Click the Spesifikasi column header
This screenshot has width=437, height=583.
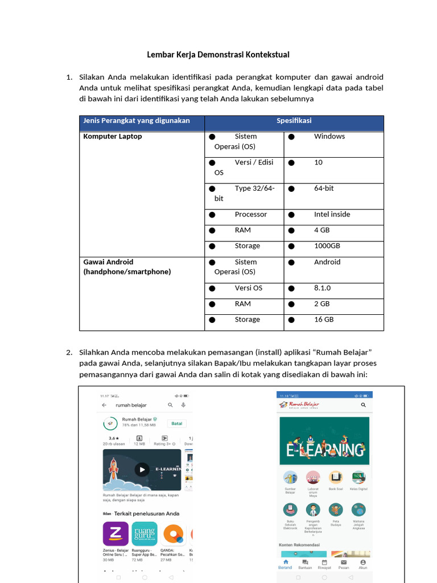pyautogui.click(x=294, y=121)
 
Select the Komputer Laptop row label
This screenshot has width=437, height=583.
pyautogui.click(x=113, y=137)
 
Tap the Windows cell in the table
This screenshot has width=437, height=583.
pyautogui.click(x=329, y=137)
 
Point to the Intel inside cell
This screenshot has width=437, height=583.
pyautogui.click(x=332, y=215)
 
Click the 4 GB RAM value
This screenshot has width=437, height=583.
pyautogui.click(x=321, y=230)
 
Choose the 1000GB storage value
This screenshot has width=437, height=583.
pyautogui.click(x=327, y=246)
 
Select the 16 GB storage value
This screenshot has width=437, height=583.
pyautogui.click(x=323, y=319)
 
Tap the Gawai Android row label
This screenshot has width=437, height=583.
pyautogui.click(x=108, y=262)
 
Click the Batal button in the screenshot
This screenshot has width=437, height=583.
pyautogui.click(x=176, y=424)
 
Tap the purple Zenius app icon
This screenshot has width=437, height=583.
pyautogui.click(x=116, y=533)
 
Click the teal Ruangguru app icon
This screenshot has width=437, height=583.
pyautogui.click(x=145, y=533)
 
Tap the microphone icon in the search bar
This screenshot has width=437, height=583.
pyautogui.click(x=183, y=405)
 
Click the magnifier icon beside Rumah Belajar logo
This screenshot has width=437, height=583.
pyautogui.click(x=364, y=405)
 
